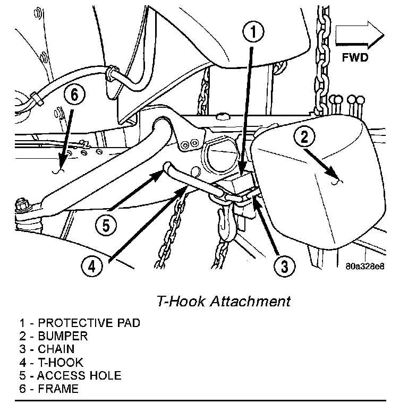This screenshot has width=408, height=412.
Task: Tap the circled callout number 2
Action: (x=304, y=138)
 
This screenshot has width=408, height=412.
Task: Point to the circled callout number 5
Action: (x=106, y=225)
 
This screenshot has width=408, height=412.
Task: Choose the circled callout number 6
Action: (x=74, y=95)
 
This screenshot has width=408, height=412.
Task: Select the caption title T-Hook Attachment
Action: (x=224, y=302)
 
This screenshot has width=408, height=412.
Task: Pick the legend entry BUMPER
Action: (x=54, y=336)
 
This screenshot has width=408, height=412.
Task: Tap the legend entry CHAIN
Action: (x=48, y=349)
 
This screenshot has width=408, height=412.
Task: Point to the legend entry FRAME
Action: (x=49, y=389)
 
